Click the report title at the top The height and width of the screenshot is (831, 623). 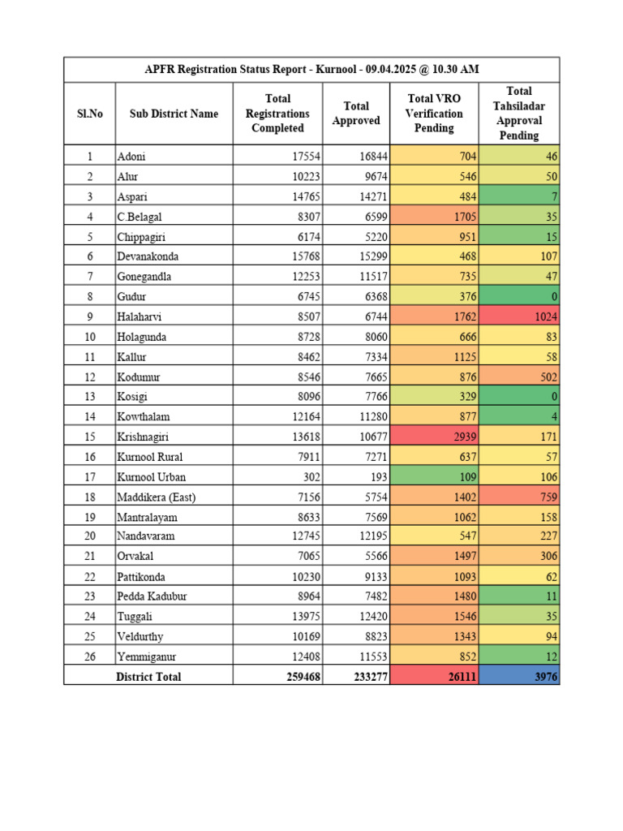311,70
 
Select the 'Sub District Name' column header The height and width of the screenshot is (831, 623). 174,114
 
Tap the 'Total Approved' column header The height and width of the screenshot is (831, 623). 356,114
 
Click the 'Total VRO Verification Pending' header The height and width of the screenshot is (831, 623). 434,114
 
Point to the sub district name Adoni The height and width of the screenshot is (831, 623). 131,156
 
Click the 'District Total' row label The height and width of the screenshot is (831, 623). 148,677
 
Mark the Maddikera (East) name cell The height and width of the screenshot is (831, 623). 157,497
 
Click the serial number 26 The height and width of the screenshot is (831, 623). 90,657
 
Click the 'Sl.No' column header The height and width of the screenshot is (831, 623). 89,114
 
